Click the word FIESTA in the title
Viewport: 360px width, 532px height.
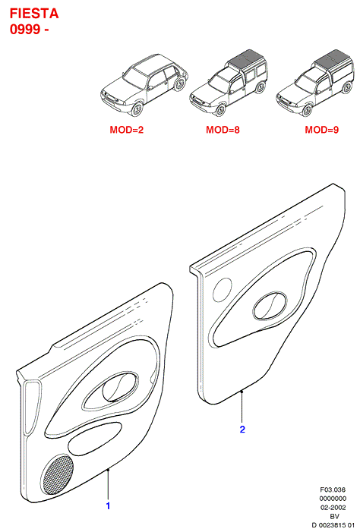pos(34,14)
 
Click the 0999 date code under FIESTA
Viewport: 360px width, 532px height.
pos(25,30)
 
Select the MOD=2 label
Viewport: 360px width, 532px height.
pos(127,130)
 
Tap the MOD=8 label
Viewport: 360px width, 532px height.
pos(223,130)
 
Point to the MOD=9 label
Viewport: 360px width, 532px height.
pos(321,130)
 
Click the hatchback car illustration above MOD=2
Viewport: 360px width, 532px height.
pos(144,85)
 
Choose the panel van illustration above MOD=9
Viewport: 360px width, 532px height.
pos(315,83)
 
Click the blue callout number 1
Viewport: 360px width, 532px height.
pos(108,506)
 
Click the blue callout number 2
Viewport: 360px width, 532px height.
pos(242,430)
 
